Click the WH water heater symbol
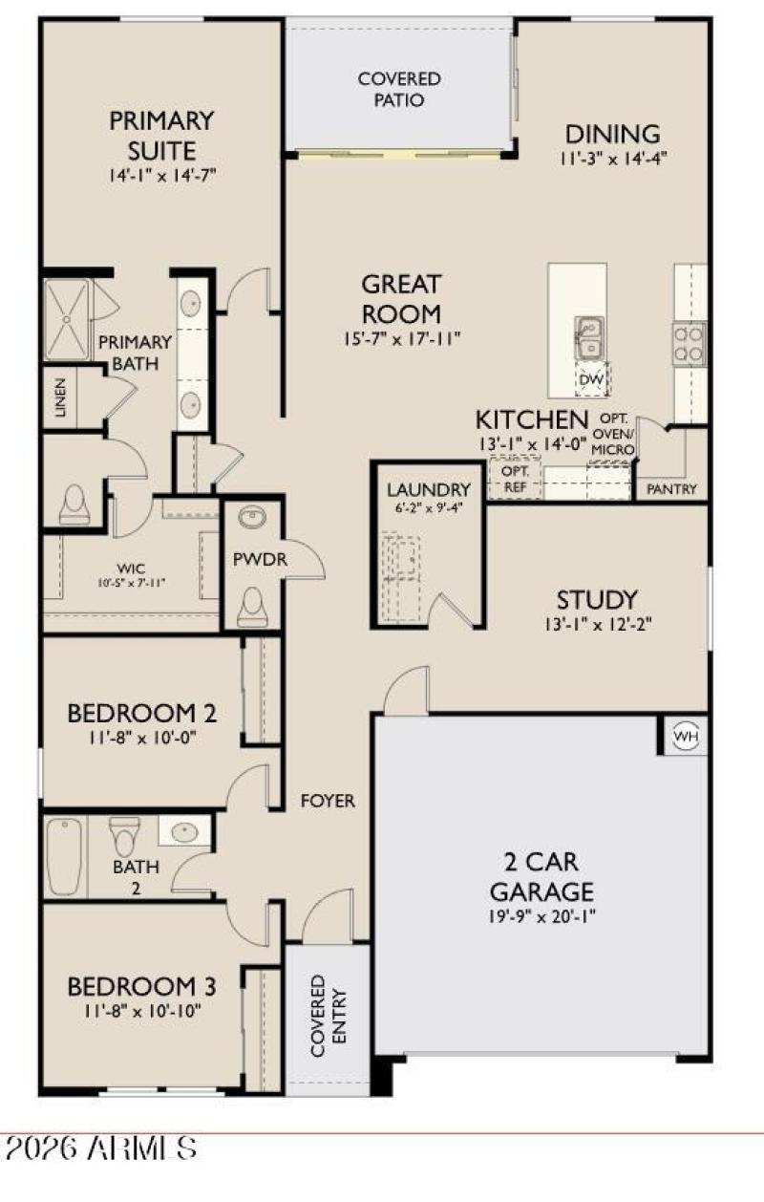(685, 736)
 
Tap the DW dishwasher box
(592, 381)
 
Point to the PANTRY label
(671, 489)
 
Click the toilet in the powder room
(252, 607)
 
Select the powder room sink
(252, 519)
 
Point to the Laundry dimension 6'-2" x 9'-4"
(430, 509)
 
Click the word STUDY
(597, 600)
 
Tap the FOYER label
(328, 801)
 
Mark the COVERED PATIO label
(399, 89)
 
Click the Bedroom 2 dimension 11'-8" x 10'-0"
(140, 738)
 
